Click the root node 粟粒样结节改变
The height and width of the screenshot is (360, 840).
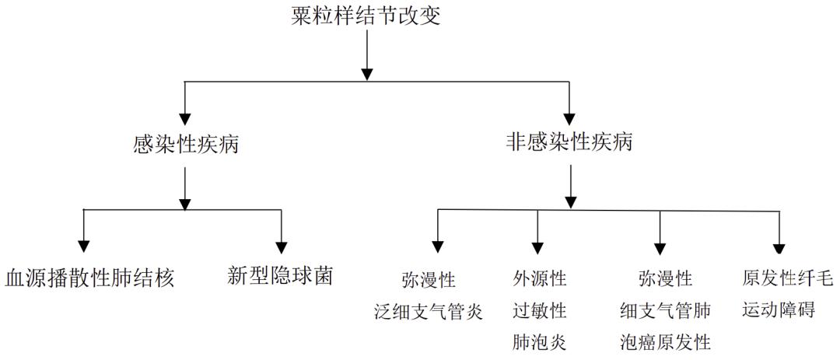click(366, 16)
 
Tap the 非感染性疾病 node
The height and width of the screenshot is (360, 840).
click(570, 143)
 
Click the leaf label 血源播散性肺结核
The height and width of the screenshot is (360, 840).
click(89, 278)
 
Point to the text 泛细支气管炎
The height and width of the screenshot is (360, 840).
click(429, 313)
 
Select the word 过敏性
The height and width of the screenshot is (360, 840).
click(539, 312)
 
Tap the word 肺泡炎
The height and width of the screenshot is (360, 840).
click(539, 342)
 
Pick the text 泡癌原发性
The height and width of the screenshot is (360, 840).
click(665, 342)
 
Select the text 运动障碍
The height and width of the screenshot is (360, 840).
click(779, 312)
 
